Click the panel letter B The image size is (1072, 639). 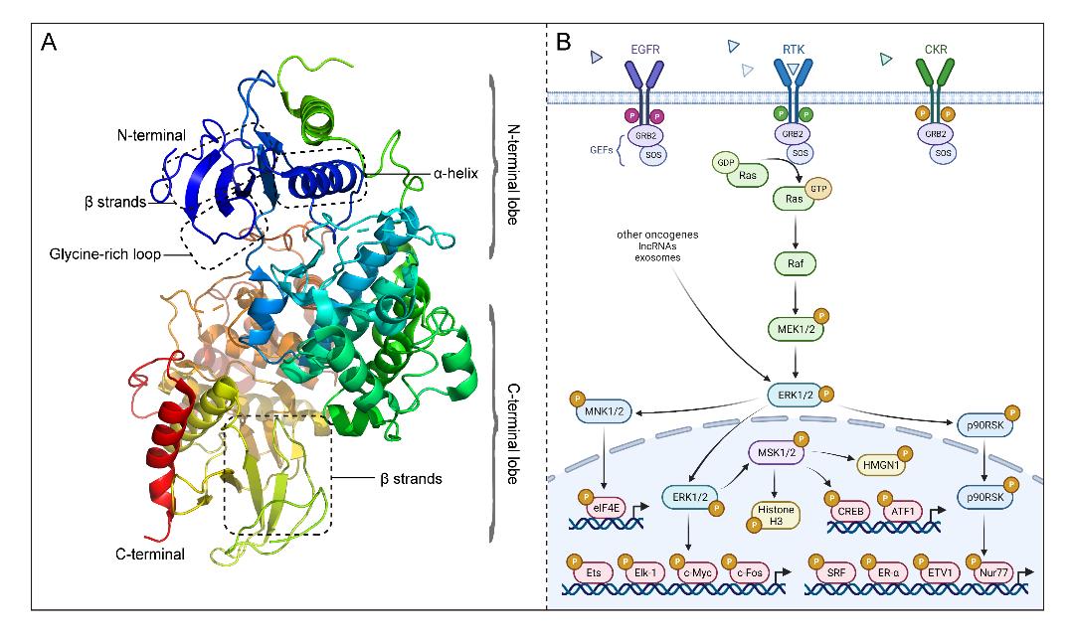(564, 44)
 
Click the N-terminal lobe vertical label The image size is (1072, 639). (513, 161)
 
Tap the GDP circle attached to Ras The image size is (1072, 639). (723, 163)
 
